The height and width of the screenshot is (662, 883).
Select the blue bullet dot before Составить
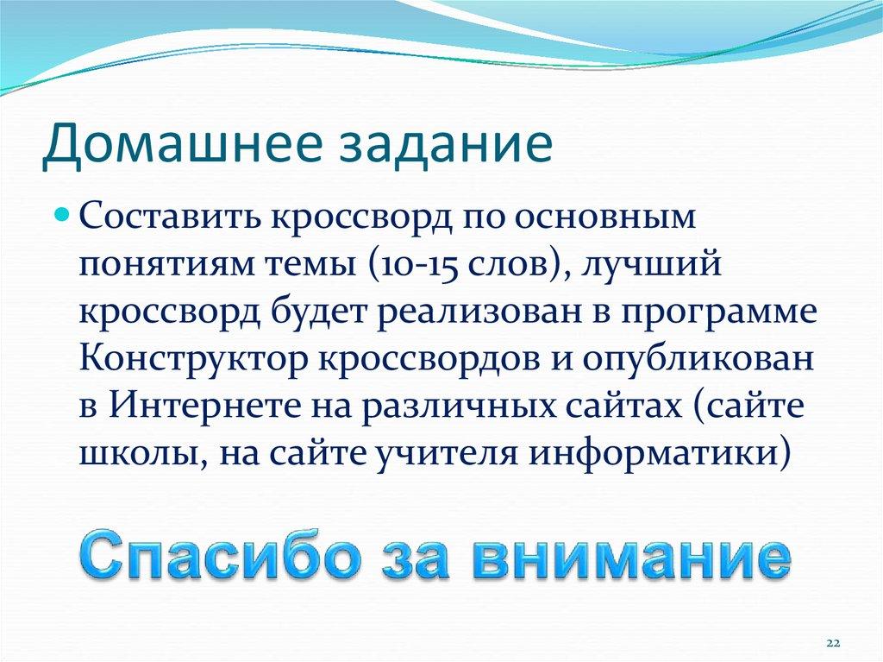(x=62, y=211)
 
